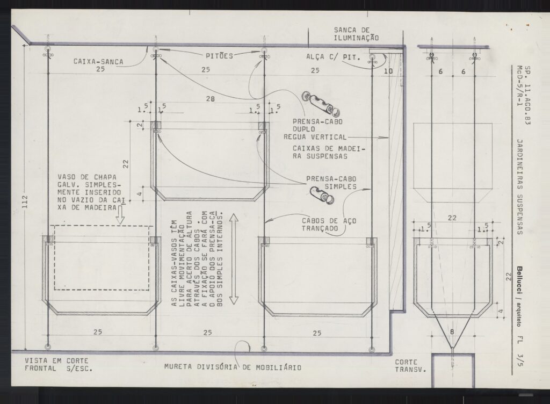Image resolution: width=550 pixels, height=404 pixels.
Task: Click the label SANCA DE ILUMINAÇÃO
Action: [x=356, y=34]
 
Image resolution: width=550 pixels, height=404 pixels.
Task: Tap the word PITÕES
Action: [x=219, y=56]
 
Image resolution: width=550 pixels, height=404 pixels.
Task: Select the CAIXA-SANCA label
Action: [x=98, y=62]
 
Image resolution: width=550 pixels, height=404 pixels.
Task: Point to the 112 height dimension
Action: [x=25, y=201]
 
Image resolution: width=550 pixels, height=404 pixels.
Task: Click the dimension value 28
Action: [x=211, y=99]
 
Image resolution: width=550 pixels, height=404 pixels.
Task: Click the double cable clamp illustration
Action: [x=321, y=104]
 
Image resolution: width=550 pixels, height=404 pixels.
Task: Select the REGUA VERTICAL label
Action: [x=315, y=137]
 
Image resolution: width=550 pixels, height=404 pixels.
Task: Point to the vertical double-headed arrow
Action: [x=234, y=259]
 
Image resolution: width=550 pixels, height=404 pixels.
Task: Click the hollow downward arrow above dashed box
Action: [x=120, y=215]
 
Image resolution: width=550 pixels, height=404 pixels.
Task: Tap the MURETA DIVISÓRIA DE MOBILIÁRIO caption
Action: [x=233, y=367]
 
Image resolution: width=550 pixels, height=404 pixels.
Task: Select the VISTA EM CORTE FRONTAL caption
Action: [x=58, y=364]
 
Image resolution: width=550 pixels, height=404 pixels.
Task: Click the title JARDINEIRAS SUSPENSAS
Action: [x=520, y=186]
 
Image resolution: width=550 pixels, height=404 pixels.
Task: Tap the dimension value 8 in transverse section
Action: [x=452, y=331]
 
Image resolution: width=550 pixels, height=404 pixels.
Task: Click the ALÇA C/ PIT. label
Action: [x=333, y=57]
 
